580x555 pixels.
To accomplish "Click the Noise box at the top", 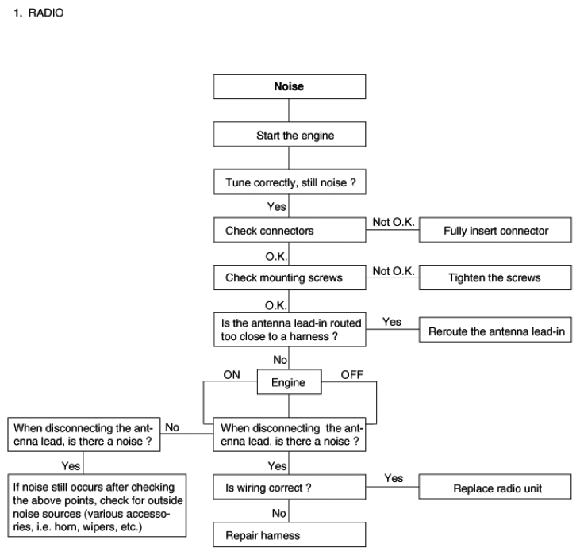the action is pyautogui.click(x=290, y=86).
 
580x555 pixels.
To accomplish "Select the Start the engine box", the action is pyautogui.click(x=290, y=134).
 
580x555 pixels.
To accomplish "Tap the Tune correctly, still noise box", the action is pyautogui.click(x=290, y=182).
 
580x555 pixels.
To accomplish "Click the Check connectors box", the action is pyautogui.click(x=290, y=230).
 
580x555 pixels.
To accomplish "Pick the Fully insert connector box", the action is pyautogui.click(x=495, y=230).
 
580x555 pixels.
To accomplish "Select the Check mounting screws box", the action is pyautogui.click(x=290, y=277).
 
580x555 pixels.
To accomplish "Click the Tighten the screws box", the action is pyautogui.click(x=495, y=277).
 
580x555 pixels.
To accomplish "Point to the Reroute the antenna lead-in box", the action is pyautogui.click(x=495, y=330).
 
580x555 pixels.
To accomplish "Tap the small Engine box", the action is pyautogui.click(x=290, y=381).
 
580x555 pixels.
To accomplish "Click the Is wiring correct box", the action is pyautogui.click(x=290, y=487).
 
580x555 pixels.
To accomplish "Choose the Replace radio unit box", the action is pyautogui.click(x=495, y=487).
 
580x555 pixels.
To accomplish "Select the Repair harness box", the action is pyautogui.click(x=290, y=534).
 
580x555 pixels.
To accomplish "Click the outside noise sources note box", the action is pyautogui.click(x=97, y=506).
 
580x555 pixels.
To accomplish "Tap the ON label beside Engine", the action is pyautogui.click(x=232, y=375).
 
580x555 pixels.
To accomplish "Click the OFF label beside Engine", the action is pyautogui.click(x=351, y=375).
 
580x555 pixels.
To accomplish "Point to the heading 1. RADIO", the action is pyautogui.click(x=38, y=13).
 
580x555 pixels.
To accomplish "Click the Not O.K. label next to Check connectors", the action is pyautogui.click(x=394, y=222).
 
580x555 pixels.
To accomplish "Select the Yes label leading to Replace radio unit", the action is pyautogui.click(x=394, y=478).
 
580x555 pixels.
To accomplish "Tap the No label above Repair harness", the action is pyautogui.click(x=279, y=513).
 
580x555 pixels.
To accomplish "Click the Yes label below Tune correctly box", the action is pyautogui.click(x=277, y=206).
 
